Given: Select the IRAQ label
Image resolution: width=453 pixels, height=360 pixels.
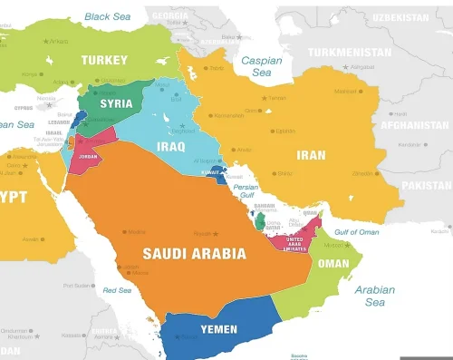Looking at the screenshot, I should click(x=172, y=145).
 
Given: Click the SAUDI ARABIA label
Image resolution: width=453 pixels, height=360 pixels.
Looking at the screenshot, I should click(x=194, y=253).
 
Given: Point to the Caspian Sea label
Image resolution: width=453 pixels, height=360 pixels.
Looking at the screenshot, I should click(x=261, y=65).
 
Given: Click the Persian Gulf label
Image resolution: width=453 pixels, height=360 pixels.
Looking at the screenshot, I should click(x=246, y=191).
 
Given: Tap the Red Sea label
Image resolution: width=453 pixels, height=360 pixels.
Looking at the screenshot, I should click(x=117, y=290).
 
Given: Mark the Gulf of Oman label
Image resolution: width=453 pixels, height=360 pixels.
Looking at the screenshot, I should click(x=356, y=231).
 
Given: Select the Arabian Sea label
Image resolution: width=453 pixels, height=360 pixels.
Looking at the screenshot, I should click(x=374, y=297).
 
